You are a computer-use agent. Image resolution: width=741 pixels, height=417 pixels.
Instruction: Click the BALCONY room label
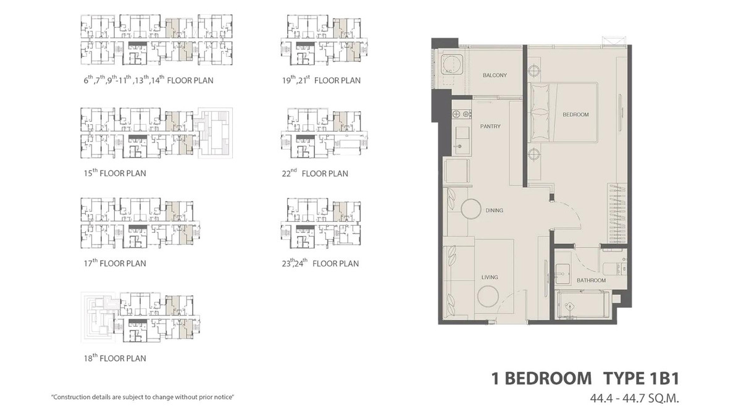coord(494,75)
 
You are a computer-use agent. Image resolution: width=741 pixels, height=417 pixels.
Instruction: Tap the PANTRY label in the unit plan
coord(490,127)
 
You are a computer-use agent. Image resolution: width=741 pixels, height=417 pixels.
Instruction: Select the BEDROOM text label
coord(575,114)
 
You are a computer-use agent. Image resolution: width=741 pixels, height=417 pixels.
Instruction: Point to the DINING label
coord(494,211)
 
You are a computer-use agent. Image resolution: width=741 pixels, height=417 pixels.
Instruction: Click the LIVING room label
coord(490,277)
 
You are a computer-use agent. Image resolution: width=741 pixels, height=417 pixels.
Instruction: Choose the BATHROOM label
coord(591,280)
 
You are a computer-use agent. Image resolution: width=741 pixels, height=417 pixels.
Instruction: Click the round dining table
coord(469,209)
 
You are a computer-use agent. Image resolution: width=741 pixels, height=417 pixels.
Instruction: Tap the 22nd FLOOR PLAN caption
coord(314,173)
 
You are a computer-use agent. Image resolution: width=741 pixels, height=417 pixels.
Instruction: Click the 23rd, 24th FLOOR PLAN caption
coord(319,263)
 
